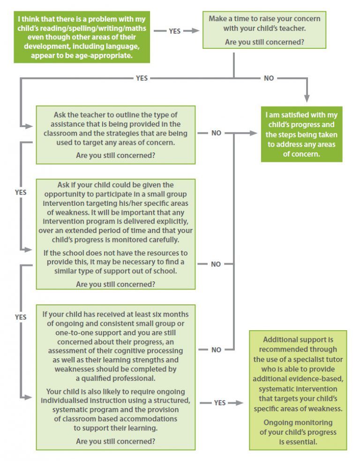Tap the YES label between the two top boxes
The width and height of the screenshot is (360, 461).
pyautogui.click(x=174, y=31)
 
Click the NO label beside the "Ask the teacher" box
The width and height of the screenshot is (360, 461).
pyautogui.click(x=216, y=133)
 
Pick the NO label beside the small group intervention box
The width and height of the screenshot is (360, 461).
pyautogui.click(x=216, y=264)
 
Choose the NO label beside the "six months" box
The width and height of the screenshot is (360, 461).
pyautogui.click(x=216, y=350)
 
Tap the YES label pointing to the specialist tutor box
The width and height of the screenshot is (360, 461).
pyautogui.click(x=219, y=403)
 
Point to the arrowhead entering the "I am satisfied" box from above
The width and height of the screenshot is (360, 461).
pyautogui.click(x=307, y=98)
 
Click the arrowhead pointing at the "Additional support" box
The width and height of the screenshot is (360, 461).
pyautogui.click(x=240, y=403)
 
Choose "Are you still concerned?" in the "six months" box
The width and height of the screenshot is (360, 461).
pyautogui.click(x=115, y=441)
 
